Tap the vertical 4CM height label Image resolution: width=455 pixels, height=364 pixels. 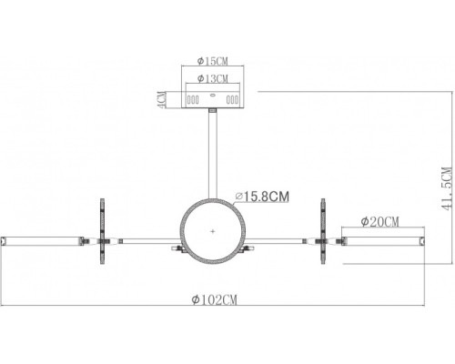pyautogui.click(x=162, y=98)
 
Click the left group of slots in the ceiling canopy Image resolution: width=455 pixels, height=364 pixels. pyautogui.click(x=193, y=99)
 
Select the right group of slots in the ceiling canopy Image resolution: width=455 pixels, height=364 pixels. pyautogui.click(x=232, y=99)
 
